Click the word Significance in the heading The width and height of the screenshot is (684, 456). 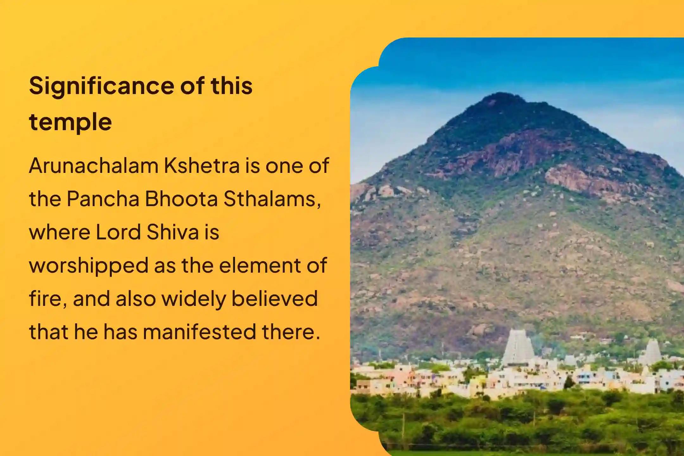[x=101, y=86]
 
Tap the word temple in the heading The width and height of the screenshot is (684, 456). [x=70, y=122]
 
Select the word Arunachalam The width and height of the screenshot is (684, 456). [x=93, y=166]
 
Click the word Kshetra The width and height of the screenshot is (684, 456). [x=201, y=166]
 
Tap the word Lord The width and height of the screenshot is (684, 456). [x=118, y=232]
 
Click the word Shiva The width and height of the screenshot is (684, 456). [x=172, y=232]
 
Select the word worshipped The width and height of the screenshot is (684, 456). [x=89, y=266]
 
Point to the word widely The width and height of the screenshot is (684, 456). [x=194, y=299]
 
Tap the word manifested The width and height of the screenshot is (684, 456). [x=199, y=332]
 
